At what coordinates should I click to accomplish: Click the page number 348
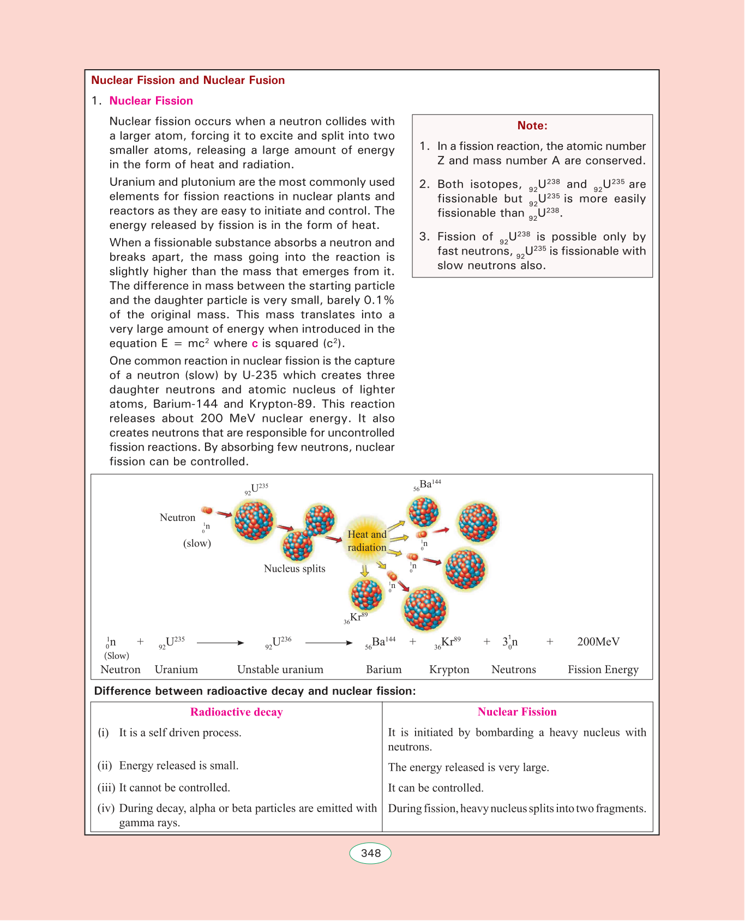pos(370,853)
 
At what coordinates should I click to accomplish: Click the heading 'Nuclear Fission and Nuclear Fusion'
pos(188,80)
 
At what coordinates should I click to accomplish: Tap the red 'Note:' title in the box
pos(532,125)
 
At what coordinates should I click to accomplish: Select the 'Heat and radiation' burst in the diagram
pos(367,541)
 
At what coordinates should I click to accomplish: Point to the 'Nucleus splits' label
pos(295,568)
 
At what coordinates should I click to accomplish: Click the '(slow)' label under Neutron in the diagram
pos(197,543)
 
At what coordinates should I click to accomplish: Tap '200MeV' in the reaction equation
pos(598,641)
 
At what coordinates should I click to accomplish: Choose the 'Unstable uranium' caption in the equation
pos(280,669)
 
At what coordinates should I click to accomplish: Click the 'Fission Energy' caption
pos(603,669)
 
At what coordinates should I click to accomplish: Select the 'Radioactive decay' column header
pos(236,712)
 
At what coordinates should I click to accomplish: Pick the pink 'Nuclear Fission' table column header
pos(517,712)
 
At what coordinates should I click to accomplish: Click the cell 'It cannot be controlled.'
pos(175,787)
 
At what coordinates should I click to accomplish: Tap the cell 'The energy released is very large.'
pos(468,767)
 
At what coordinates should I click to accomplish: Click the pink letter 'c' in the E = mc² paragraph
pos(255,343)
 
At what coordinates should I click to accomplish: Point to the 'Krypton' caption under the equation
pos(449,669)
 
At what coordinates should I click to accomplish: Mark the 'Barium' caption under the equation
pos(383,669)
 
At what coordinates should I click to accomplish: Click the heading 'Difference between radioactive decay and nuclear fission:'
pos(255,691)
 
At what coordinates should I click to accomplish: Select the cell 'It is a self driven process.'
pos(180,732)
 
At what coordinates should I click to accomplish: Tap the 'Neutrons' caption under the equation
pos(513,669)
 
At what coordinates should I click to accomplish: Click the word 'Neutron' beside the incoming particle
pos(177,517)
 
